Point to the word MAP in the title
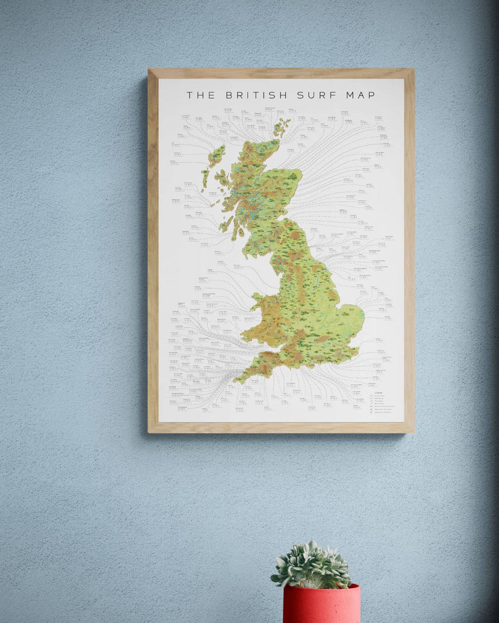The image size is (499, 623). [360, 95]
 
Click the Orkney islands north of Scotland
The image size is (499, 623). [281, 127]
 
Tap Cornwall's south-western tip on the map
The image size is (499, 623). [238, 381]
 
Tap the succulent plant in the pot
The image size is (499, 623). [312, 565]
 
